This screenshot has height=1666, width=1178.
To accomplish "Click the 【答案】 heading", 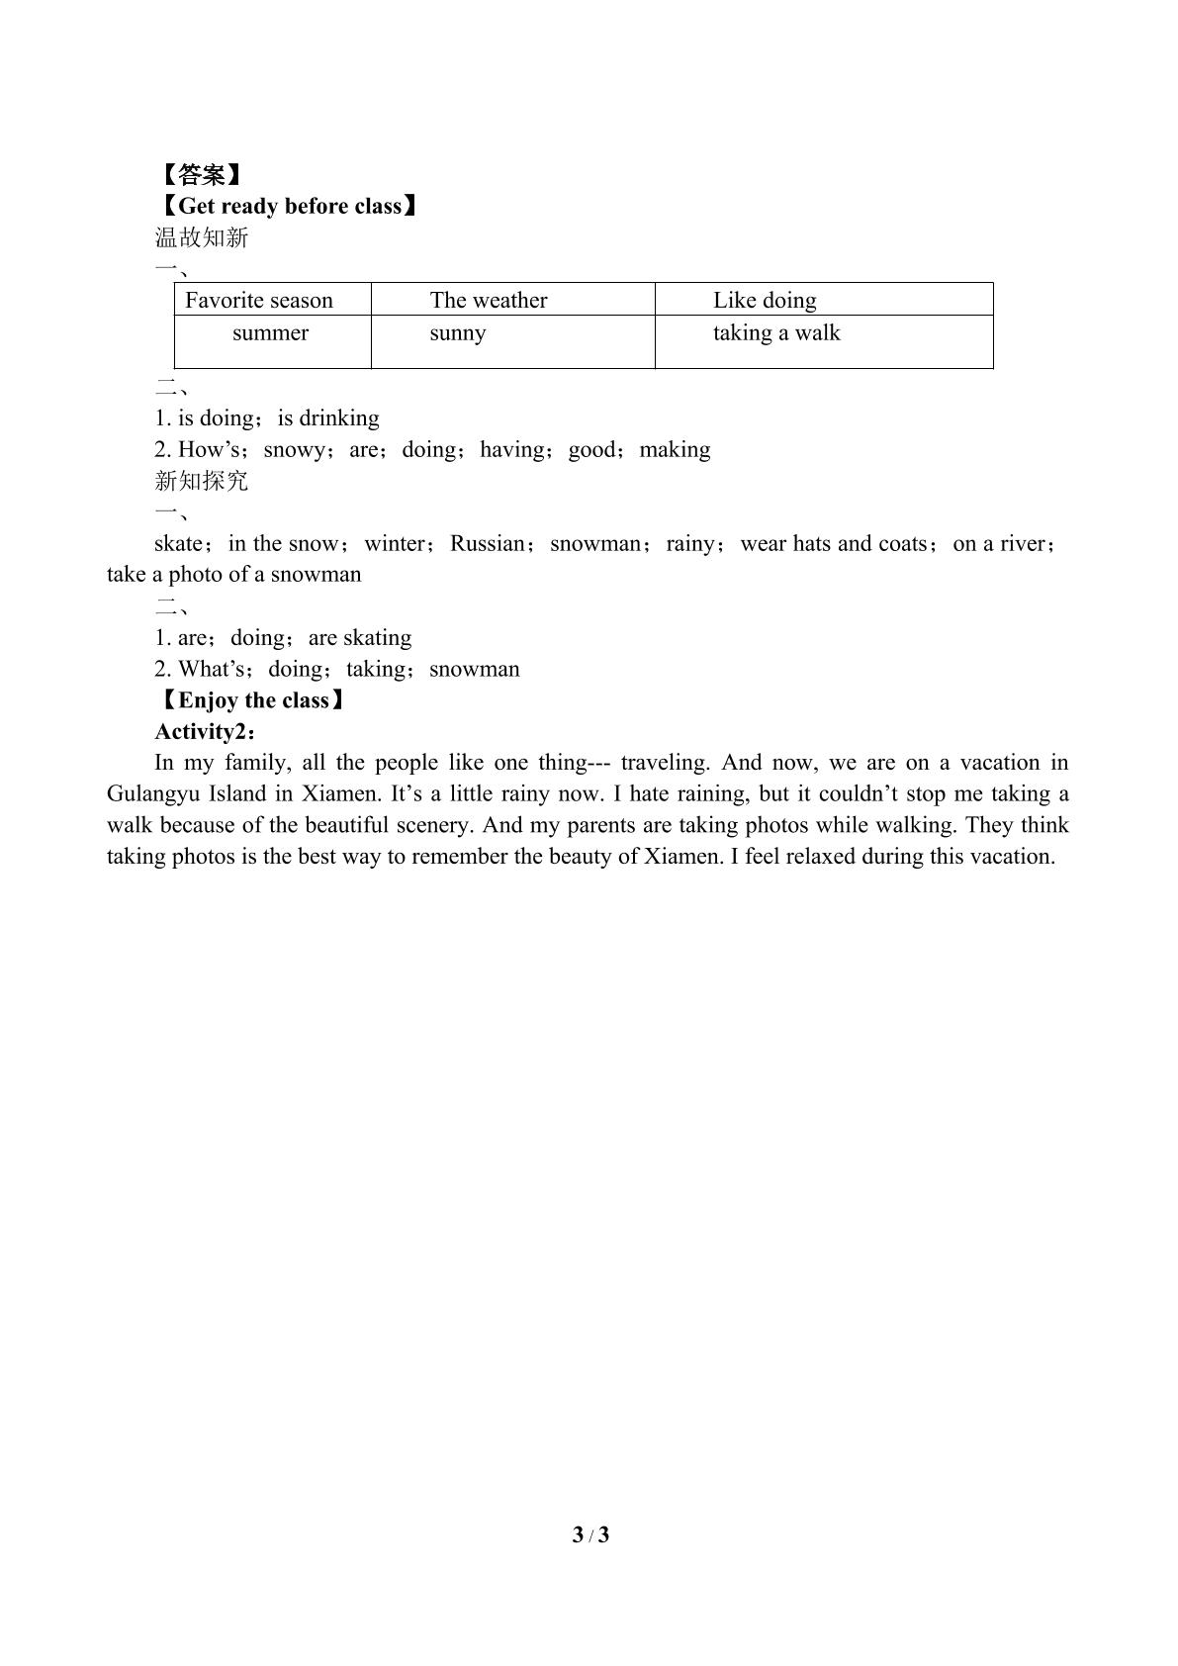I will coord(201,175).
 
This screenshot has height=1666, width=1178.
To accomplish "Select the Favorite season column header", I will coord(259,300).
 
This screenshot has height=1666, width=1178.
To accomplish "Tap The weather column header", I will coord(489,300).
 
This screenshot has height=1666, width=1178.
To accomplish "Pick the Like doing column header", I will coord(765,300).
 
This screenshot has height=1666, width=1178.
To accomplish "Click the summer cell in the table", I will coord(270,333).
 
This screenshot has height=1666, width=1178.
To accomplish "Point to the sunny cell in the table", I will coord(458,333).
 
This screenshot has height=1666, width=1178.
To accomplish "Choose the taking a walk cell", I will coord(776,333).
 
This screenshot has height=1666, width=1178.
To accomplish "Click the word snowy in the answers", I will coord(294,449).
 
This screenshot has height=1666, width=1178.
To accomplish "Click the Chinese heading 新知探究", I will coord(201,481).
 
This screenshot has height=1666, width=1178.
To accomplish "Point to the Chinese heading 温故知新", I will coord(201,237).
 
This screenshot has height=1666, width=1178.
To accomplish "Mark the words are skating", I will coord(360,637).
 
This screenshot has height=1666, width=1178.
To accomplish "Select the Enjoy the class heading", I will coord(253,700).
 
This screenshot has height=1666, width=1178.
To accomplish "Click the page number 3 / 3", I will coord(590,1534).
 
